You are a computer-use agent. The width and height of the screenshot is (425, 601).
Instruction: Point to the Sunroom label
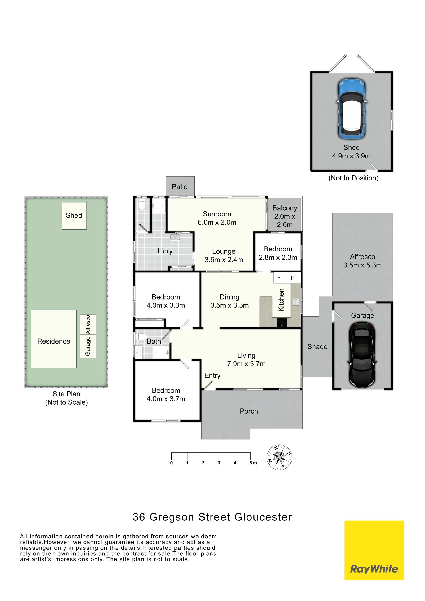(217, 214)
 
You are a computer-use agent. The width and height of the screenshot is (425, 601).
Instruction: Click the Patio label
(180, 187)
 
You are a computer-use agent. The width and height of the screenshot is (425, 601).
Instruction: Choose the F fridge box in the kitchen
(279, 278)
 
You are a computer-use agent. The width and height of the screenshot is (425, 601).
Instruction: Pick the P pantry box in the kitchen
(293, 278)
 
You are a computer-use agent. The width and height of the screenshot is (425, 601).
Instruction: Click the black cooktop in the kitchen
(282, 322)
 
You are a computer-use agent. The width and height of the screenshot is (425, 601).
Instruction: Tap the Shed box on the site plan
(74, 216)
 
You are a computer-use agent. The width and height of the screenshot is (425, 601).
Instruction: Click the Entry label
(212, 376)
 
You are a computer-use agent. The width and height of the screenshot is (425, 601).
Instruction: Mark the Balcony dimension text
(285, 221)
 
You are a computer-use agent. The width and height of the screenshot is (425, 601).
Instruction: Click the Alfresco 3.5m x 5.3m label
(362, 261)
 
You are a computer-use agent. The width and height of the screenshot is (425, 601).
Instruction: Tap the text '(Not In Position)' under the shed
(354, 178)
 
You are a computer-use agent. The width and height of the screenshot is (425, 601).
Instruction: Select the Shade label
(317, 347)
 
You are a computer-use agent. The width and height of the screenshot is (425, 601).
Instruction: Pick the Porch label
(249, 411)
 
